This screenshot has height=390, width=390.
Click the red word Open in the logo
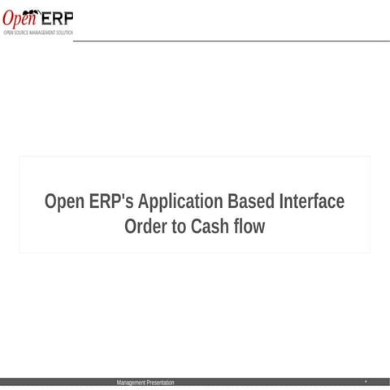click(17, 18)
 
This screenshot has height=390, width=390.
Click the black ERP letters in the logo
click(57, 17)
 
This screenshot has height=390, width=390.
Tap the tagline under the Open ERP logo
click(37, 32)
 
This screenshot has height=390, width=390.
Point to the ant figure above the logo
click(33, 10)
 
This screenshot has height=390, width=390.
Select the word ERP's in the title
click(111, 201)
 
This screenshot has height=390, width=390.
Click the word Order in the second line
click(144, 227)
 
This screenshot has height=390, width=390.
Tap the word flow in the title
click(248, 227)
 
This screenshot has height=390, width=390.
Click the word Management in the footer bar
click(131, 382)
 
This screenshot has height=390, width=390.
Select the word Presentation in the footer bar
click(160, 382)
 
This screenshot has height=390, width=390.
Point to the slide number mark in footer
click(366, 381)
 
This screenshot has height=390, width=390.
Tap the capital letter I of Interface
click(281, 201)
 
